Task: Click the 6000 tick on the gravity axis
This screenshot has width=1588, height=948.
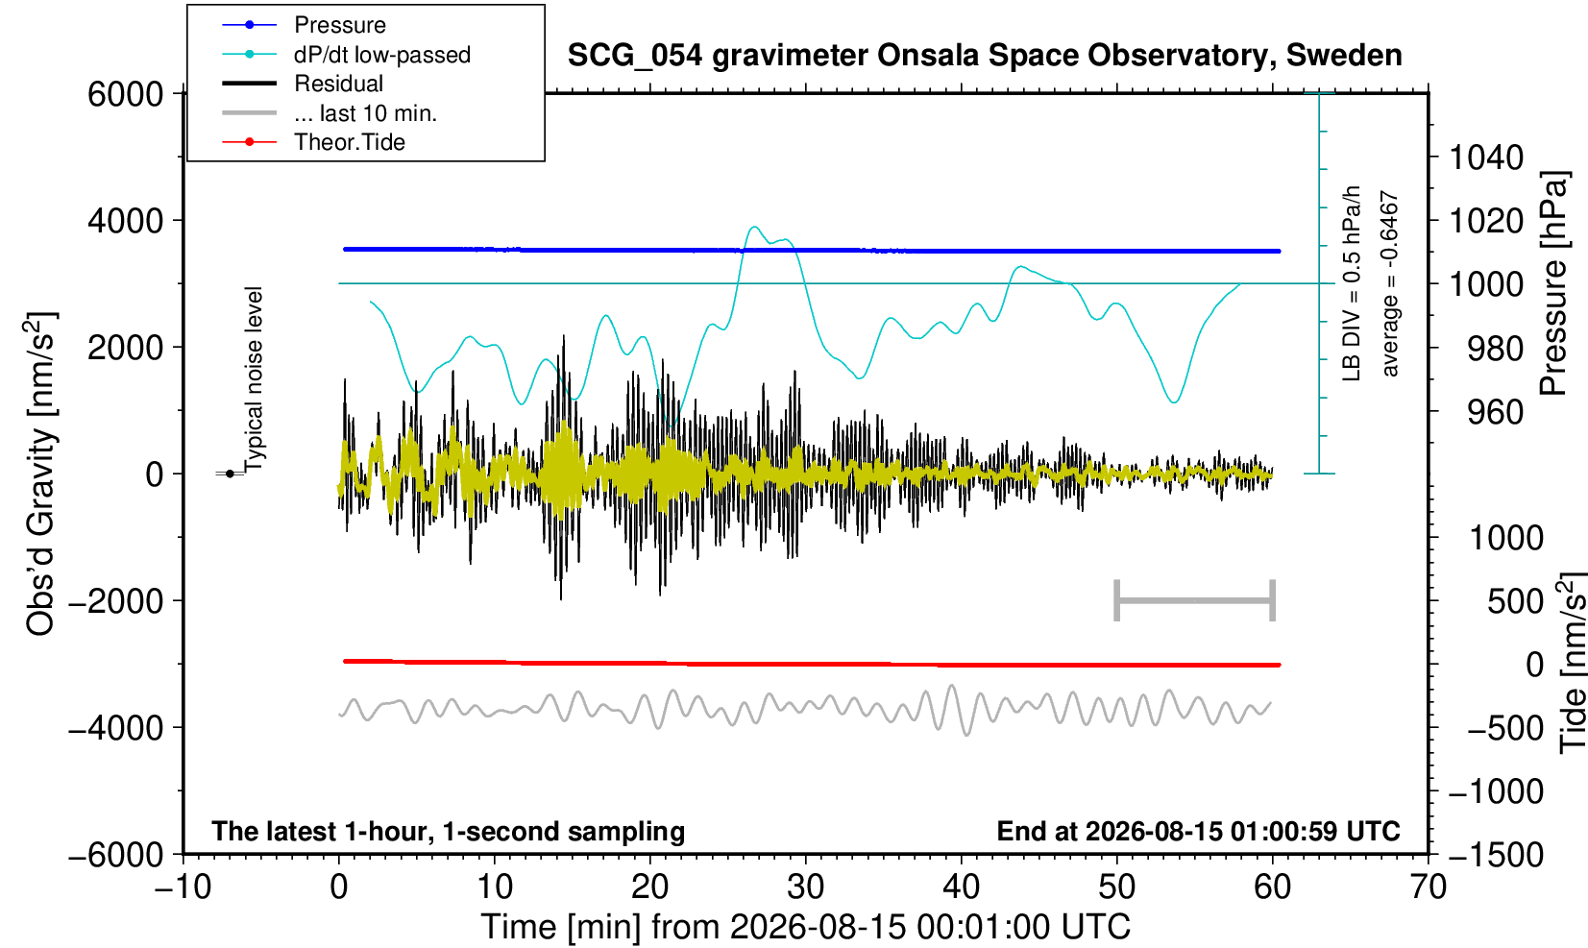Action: tap(126, 93)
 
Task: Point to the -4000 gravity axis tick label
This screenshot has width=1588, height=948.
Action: tap(116, 727)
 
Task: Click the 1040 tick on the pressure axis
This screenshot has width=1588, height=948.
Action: tap(1486, 157)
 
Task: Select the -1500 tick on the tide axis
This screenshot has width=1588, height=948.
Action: tap(1495, 855)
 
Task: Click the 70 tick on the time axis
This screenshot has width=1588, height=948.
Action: tap(1428, 887)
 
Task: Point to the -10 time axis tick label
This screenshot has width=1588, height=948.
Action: tap(183, 887)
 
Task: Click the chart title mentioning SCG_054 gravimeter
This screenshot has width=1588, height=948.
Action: tap(985, 55)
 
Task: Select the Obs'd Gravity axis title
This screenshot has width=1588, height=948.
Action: tap(39, 474)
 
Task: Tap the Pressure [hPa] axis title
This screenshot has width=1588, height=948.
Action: tap(1554, 283)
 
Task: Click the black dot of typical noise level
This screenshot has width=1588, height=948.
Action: tap(230, 474)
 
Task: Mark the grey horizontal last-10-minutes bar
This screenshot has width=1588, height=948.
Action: tap(1195, 600)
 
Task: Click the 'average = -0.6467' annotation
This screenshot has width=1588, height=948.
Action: tap(1389, 283)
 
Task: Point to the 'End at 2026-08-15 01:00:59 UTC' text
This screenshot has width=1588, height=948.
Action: tap(1198, 831)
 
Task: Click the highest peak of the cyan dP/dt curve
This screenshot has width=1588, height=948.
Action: tap(754, 227)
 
